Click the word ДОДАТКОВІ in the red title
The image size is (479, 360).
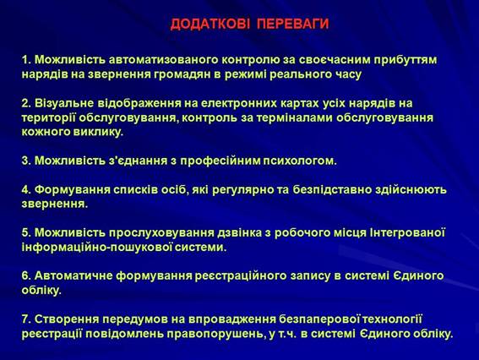pos(210,24)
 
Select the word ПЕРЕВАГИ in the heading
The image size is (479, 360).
pos(293,24)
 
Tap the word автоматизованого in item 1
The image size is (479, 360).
pos(163,60)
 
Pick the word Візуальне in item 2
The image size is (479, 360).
pos(64,103)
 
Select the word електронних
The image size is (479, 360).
pos(239,103)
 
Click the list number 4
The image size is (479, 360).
pos(26,189)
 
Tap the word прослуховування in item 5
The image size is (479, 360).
pos(161,233)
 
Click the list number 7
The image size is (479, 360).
pos(26,319)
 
